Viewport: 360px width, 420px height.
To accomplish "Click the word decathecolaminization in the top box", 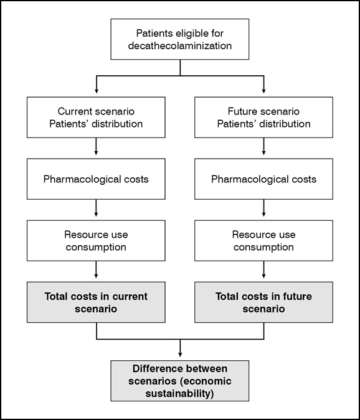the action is click(180, 45).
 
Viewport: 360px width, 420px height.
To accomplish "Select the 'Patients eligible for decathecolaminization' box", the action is click(180, 39).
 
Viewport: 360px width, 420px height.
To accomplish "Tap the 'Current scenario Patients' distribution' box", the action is click(96, 118).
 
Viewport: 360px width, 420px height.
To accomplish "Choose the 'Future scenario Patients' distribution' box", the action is click(263, 118).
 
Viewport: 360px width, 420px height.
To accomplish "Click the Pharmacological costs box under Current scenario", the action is click(96, 179).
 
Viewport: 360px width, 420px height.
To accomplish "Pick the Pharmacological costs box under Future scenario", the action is click(263, 179).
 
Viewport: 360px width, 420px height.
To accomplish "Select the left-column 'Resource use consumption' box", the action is click(96, 241).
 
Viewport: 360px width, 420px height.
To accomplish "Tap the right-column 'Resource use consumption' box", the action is click(263, 241).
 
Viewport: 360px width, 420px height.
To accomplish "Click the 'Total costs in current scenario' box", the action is click(96, 302).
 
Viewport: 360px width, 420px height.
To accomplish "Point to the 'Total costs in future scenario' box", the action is click(263, 302).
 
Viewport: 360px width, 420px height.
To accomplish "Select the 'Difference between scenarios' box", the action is click(180, 381).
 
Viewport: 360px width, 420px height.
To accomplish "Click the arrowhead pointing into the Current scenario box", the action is click(97, 91).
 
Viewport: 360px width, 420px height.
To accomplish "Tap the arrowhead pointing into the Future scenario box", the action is click(263, 91).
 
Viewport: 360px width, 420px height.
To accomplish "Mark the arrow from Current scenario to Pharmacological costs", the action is click(96, 146).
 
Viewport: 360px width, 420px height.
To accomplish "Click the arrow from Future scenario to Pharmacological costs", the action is click(263, 146).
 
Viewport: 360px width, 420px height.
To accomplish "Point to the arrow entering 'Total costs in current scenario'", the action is click(96, 269).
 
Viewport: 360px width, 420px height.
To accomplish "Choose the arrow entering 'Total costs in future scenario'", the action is click(263, 269).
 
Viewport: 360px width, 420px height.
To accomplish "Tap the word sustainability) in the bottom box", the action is click(179, 394).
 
